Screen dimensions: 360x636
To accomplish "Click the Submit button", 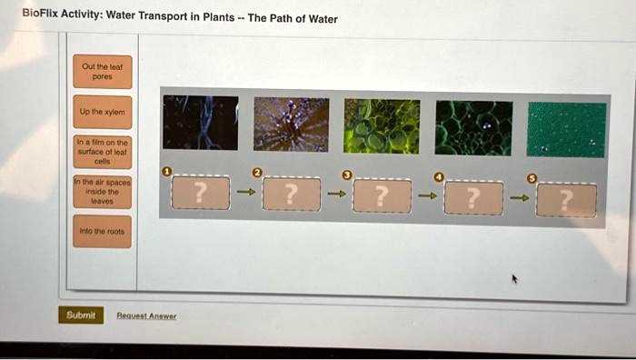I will click(x=81, y=315).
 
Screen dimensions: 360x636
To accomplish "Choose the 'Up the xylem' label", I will click(x=103, y=111).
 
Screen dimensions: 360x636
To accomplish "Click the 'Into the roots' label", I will click(x=103, y=231).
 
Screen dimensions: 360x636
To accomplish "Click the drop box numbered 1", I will click(x=201, y=193).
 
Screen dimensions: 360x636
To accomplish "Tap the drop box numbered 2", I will click(x=290, y=194).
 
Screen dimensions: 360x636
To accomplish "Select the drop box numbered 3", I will click(x=382, y=195).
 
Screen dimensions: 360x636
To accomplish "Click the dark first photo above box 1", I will click(x=200, y=123).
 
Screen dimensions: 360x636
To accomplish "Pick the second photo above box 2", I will click(x=291, y=124).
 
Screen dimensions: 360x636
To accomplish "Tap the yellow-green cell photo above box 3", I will click(x=382, y=126).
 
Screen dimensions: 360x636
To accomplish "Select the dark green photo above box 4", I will click(x=472, y=128).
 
